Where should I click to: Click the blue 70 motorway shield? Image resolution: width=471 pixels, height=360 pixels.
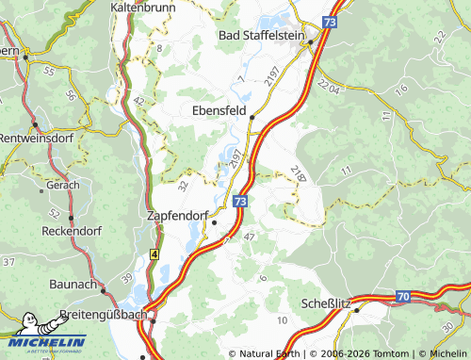click(402, 297)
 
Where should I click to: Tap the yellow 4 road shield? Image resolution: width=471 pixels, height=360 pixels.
click(154, 254)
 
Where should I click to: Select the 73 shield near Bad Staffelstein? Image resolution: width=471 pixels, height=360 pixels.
click(329, 20)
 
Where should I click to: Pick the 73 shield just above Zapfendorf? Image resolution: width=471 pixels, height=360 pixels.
click(241, 201)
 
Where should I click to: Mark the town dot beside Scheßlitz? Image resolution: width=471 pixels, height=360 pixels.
click(356, 310)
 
